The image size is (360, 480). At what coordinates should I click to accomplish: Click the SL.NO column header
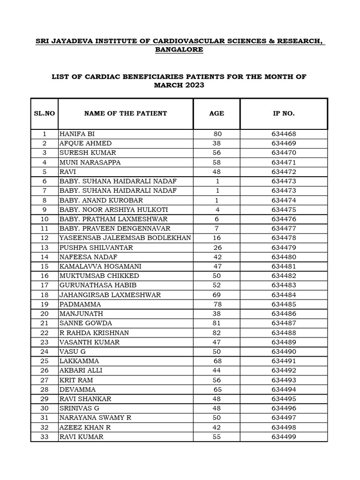[45, 113]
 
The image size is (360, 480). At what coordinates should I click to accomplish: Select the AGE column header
[217, 113]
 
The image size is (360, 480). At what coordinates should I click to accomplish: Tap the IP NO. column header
[284, 113]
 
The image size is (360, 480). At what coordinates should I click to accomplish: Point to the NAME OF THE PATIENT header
[125, 113]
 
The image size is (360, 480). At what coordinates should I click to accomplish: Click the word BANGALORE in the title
[180, 50]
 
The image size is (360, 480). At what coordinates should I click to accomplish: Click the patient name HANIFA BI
[77, 134]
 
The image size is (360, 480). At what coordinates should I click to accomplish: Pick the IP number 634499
[284, 437]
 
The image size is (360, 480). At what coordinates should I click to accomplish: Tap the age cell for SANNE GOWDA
[217, 323]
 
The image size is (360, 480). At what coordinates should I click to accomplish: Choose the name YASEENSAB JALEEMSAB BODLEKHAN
[125, 238]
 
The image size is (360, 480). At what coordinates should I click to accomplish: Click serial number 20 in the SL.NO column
[45, 314]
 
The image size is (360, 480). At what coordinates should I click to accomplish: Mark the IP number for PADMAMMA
[284, 304]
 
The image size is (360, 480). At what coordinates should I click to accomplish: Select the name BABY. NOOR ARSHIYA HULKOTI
[113, 210]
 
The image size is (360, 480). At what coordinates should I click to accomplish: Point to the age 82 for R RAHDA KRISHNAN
[217, 333]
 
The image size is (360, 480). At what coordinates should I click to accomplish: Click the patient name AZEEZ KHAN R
[85, 427]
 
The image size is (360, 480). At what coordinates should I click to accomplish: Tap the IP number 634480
[284, 257]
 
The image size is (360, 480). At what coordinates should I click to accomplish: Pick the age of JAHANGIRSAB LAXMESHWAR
[217, 295]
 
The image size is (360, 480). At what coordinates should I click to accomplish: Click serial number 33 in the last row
[45, 437]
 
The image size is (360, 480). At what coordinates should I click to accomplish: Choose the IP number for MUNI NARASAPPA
[284, 162]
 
